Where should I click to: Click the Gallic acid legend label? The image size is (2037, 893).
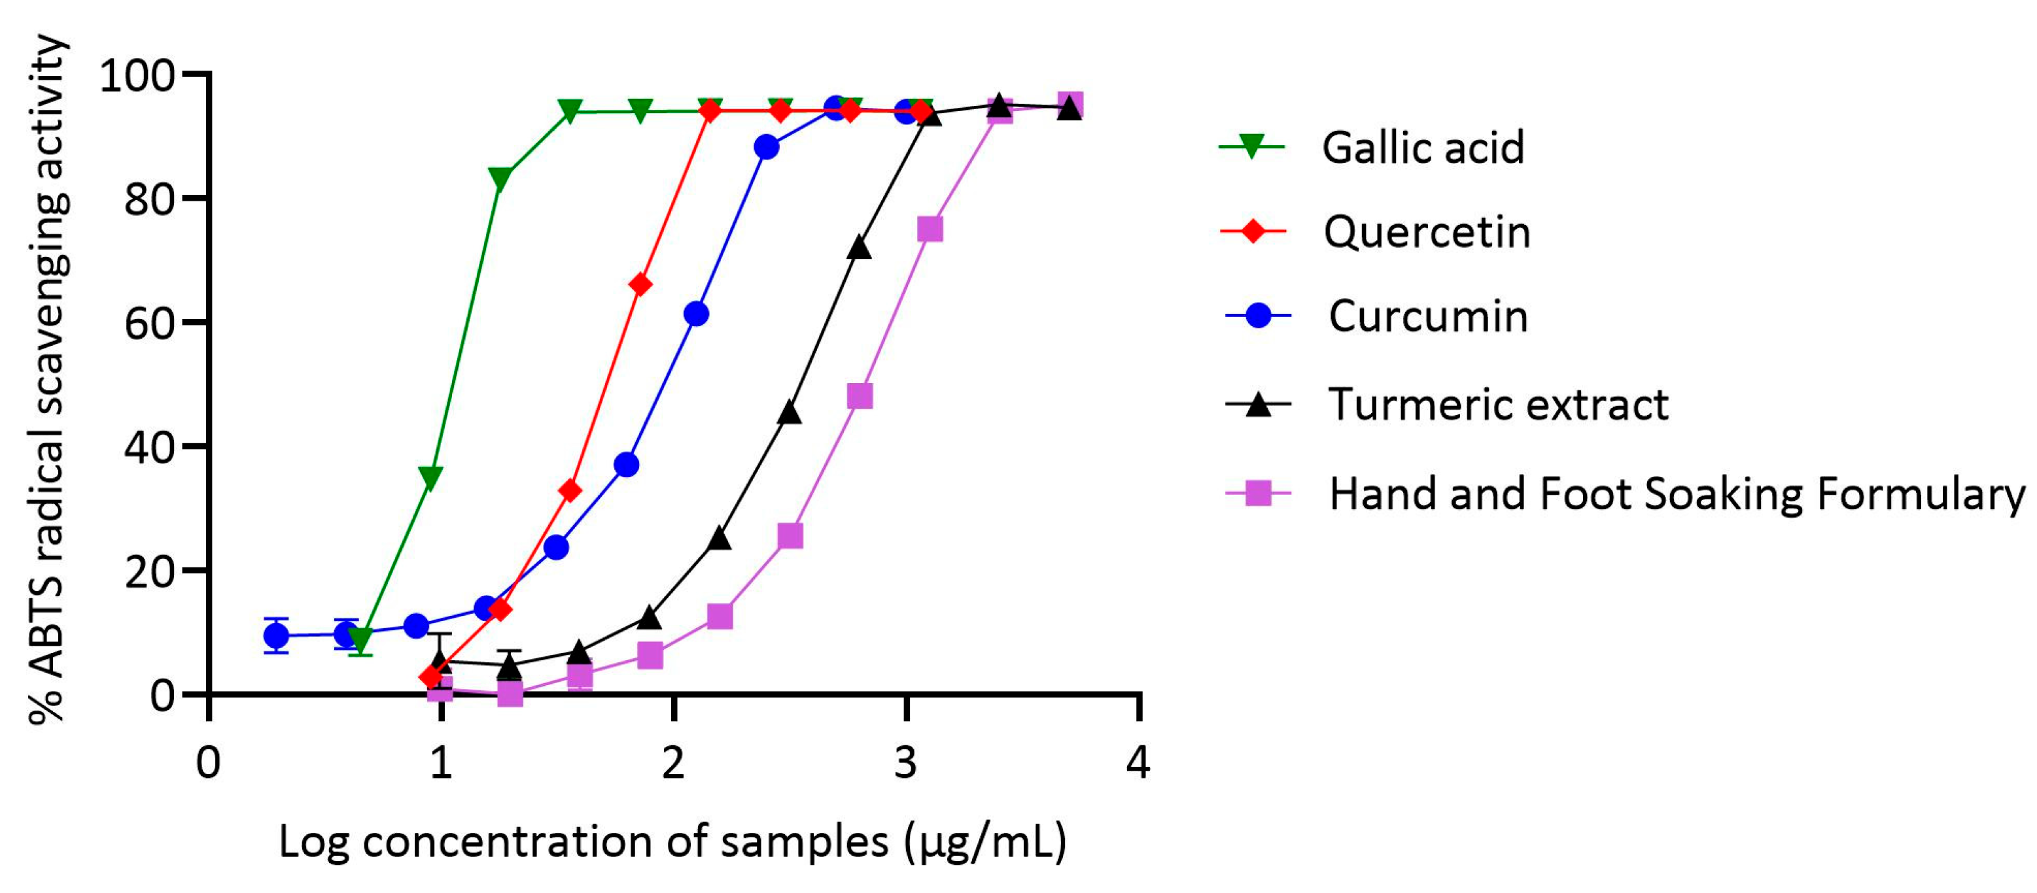click(x=1423, y=148)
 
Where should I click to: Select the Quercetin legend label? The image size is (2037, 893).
click(x=1427, y=232)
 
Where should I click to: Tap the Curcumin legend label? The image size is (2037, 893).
click(x=1427, y=317)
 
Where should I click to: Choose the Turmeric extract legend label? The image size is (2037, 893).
click(x=1498, y=405)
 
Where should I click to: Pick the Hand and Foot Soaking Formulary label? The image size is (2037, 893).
click(x=1677, y=494)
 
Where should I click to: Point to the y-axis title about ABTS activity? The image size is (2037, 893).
click(x=48, y=379)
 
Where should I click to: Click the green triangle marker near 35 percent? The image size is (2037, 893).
click(x=431, y=477)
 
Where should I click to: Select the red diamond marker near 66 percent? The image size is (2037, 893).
click(x=640, y=284)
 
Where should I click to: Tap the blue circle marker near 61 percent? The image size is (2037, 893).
click(x=696, y=314)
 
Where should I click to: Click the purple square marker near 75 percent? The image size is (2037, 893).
click(x=930, y=229)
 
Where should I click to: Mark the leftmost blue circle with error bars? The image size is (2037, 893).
click(x=276, y=635)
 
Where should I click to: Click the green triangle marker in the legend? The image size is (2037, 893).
click(x=1252, y=147)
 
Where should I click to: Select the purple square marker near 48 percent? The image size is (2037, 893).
click(x=860, y=396)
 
